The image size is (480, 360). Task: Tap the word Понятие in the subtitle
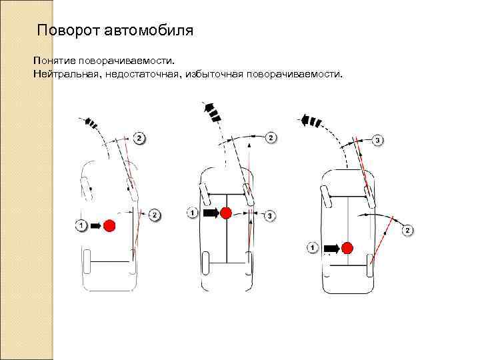click(x=54, y=61)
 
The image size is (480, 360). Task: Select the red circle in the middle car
click(x=226, y=213)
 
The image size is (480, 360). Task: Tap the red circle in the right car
click(x=347, y=248)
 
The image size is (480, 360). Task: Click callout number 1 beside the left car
click(x=81, y=225)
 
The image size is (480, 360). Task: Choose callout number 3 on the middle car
click(x=269, y=215)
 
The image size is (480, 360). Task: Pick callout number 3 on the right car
click(x=377, y=141)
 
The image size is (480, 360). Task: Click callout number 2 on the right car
click(x=408, y=231)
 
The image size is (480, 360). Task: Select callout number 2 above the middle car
click(x=270, y=138)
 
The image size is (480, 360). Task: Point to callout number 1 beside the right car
click(x=313, y=247)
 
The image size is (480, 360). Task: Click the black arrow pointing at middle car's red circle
click(x=211, y=213)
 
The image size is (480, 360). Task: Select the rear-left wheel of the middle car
click(x=207, y=265)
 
